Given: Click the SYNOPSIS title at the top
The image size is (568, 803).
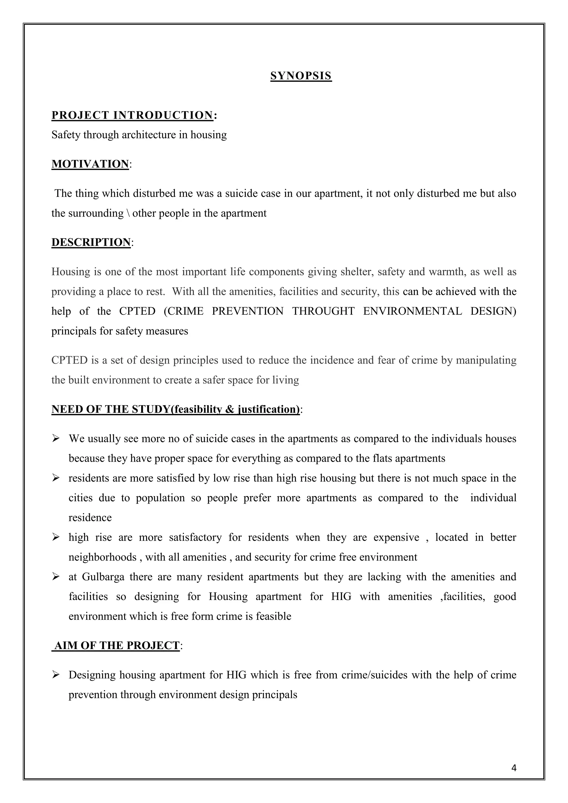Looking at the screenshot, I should coord(301,76).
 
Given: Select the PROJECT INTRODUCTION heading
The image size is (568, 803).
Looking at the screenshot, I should coord(132,115).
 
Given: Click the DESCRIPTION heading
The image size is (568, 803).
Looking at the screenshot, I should coord(91,242).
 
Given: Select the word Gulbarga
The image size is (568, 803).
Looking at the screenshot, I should coord(103,577).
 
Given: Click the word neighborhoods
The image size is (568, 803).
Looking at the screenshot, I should coord(102,557).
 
